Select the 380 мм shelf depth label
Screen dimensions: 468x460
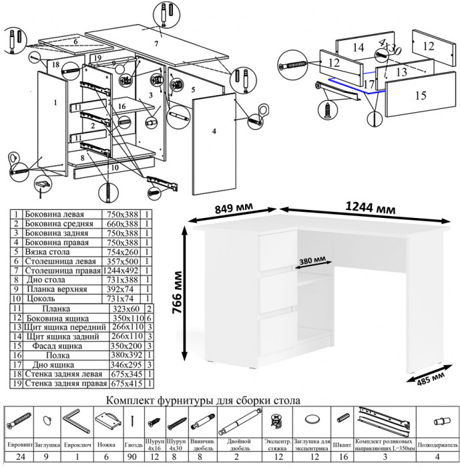[313, 259]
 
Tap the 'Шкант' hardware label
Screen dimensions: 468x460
[342, 444]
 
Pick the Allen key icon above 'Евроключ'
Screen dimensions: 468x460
[74, 422]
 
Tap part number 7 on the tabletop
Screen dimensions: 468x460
[156, 44]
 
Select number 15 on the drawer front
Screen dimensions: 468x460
[419, 96]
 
